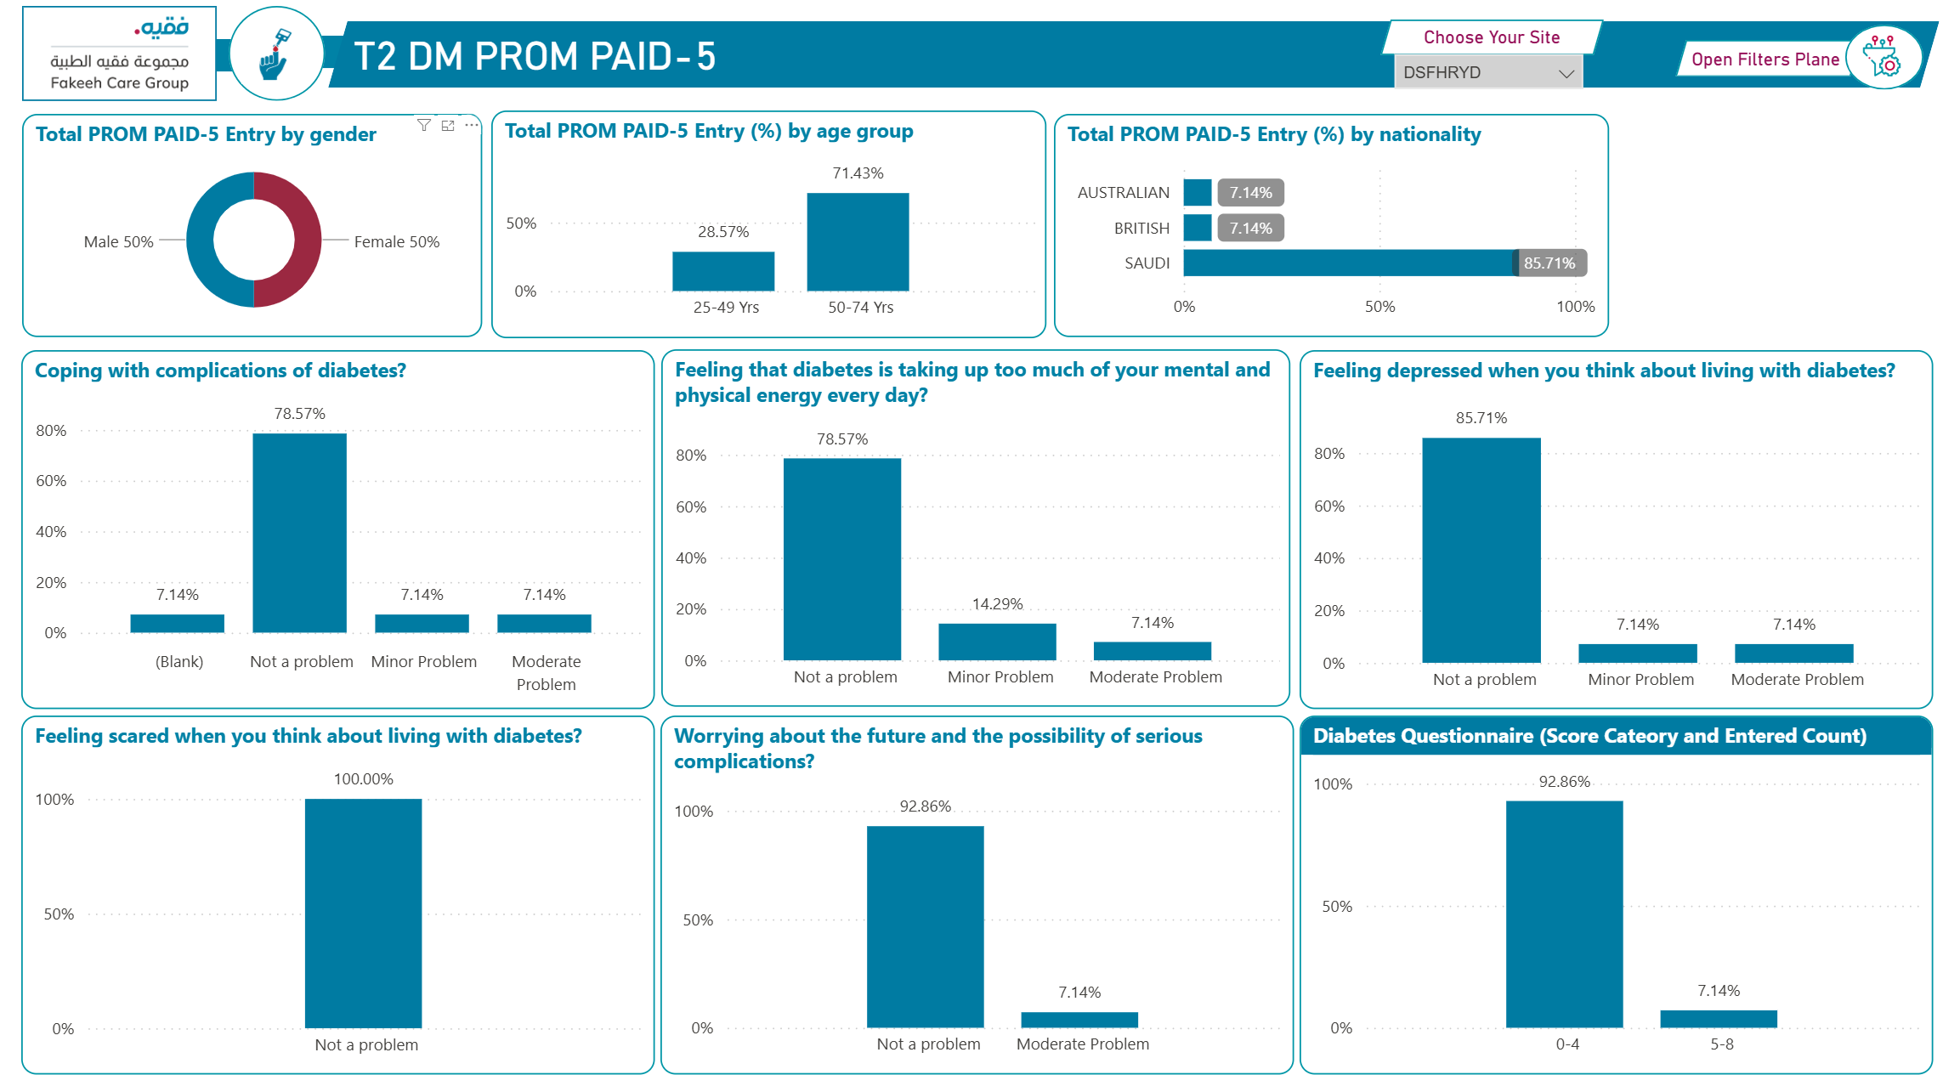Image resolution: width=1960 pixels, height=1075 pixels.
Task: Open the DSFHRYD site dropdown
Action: pyautogui.click(x=1487, y=73)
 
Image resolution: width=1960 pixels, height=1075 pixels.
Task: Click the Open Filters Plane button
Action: pyautogui.click(x=1765, y=59)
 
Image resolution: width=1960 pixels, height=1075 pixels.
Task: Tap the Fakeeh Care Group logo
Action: pyautogui.click(x=120, y=54)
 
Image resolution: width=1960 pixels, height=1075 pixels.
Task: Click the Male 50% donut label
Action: pyautogui.click(x=118, y=242)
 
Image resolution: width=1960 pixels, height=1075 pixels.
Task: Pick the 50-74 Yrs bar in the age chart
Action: pyautogui.click(x=858, y=242)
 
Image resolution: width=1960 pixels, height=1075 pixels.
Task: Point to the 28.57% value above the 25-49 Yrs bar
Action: pyautogui.click(x=723, y=232)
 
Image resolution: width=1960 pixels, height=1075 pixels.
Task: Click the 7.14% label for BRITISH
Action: pyautogui.click(x=1250, y=229)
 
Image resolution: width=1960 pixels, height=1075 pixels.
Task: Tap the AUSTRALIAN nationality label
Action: pyautogui.click(x=1123, y=193)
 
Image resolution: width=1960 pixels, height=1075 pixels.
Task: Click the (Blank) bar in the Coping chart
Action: pyautogui.click(x=177, y=624)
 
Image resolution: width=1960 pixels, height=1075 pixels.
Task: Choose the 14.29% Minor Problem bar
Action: pyautogui.click(x=997, y=642)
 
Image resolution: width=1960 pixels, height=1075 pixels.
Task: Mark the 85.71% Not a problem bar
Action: pyautogui.click(x=1481, y=551)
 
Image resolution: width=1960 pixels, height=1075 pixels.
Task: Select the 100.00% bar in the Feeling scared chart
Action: pyautogui.click(x=363, y=914)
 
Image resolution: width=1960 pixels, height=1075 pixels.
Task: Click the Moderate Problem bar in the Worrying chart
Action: pyautogui.click(x=1079, y=1020)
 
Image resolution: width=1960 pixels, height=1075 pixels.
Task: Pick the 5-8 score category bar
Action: pyautogui.click(x=1719, y=1019)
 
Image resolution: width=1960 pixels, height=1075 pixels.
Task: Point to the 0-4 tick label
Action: pyautogui.click(x=1567, y=1044)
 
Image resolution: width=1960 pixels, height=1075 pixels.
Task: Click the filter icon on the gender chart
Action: pyautogui.click(x=424, y=126)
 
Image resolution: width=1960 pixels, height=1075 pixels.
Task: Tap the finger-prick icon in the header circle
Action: pyautogui.click(x=275, y=54)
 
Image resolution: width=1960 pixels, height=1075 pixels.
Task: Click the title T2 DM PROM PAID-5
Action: pyautogui.click(x=535, y=57)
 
